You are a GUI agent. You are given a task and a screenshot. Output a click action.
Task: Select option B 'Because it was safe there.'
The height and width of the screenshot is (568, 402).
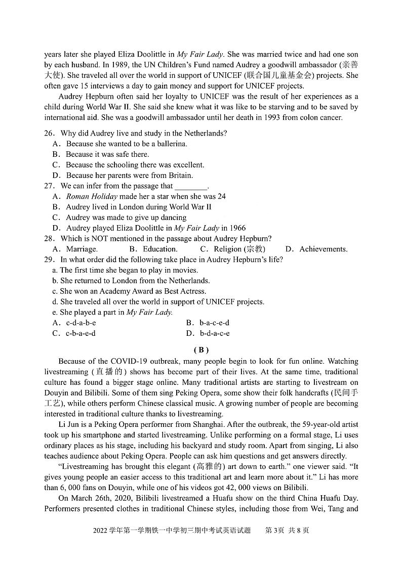[107, 154]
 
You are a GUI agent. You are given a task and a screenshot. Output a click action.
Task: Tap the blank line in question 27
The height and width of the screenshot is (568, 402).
[191, 186]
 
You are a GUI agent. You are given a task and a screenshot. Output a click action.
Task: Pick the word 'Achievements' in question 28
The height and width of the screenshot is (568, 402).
[323, 249]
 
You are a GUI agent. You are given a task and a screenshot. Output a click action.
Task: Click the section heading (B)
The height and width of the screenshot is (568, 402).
[201, 349]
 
